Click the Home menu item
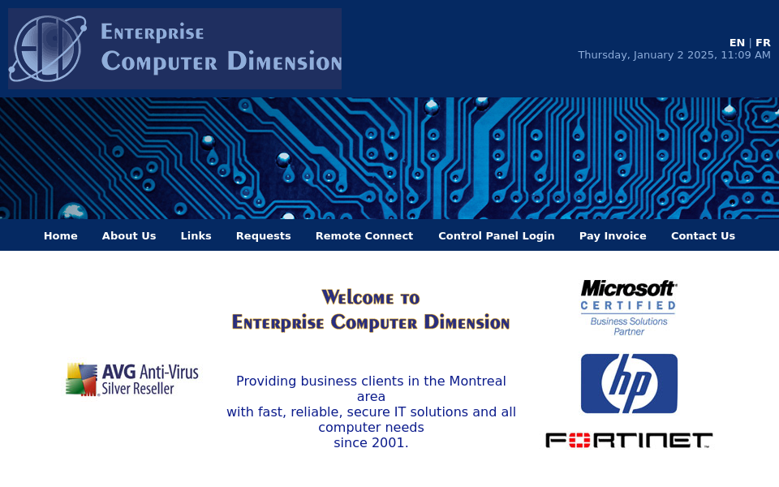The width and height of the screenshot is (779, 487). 61,236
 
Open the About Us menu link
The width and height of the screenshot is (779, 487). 129,236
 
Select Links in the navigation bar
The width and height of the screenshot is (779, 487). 196,236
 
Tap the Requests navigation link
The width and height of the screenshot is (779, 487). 263,236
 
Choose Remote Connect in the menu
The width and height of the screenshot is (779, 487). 364,236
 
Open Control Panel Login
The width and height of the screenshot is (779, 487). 497,236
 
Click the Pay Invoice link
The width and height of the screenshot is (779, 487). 613,236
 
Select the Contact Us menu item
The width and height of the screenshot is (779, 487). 703,236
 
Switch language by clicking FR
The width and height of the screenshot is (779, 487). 763,43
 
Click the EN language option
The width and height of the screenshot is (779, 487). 737,43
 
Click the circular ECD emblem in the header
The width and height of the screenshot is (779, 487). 48,49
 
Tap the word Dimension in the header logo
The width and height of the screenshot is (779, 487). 284,61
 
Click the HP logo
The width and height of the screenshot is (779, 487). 629,384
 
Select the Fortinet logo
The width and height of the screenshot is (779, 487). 629,440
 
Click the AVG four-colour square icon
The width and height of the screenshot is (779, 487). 81,380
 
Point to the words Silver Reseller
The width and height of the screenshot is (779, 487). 138,389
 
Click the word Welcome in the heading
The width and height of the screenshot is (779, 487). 358,298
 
